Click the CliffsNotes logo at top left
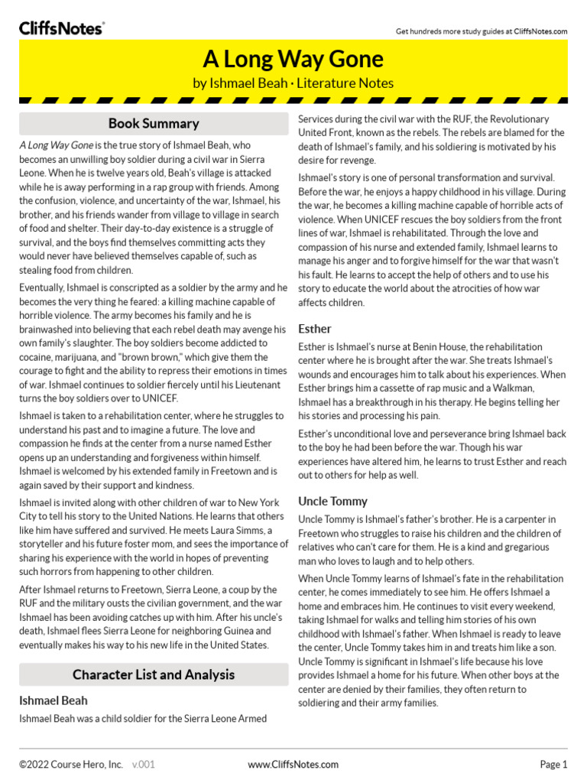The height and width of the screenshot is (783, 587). coord(61,28)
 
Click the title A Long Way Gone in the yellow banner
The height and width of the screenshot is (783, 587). coord(293,59)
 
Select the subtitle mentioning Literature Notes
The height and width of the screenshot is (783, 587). coord(293,83)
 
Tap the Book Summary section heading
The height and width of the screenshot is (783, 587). coord(154,123)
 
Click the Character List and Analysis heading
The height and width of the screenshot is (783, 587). coord(154,674)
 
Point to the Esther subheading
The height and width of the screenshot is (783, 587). coord(314,329)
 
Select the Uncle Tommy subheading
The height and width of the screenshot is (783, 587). coord(332,501)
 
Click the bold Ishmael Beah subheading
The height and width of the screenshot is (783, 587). coord(54,700)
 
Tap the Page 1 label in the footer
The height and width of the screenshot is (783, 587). coord(553,764)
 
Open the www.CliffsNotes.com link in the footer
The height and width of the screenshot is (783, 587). coord(293,764)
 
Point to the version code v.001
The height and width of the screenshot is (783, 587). coord(144,764)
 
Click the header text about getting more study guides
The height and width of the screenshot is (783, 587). coord(481,31)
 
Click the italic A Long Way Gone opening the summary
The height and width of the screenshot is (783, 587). coord(56,145)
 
